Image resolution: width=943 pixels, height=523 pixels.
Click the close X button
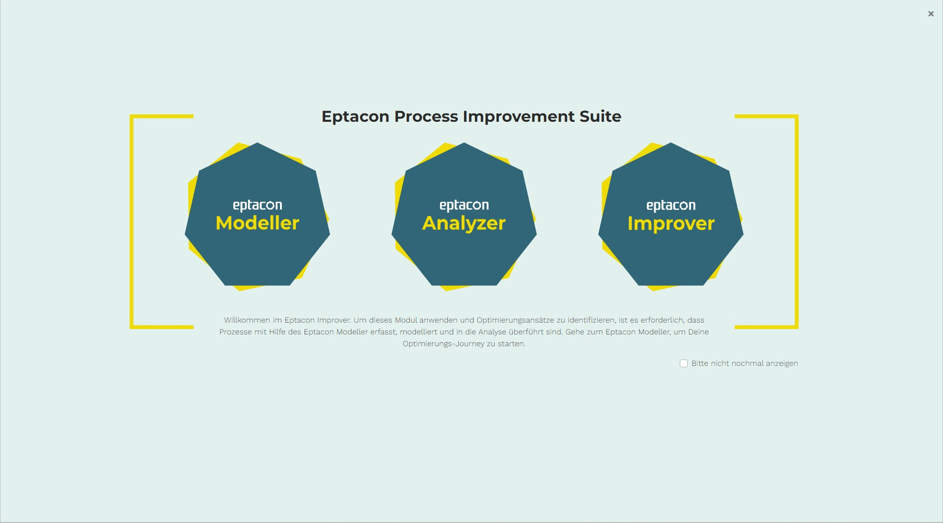pyautogui.click(x=931, y=14)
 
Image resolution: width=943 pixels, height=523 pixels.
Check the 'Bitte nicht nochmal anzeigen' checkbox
pyautogui.click(x=684, y=363)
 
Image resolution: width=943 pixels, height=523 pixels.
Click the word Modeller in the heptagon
pyautogui.click(x=257, y=223)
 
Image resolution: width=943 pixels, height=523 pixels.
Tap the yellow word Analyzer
pyautogui.click(x=464, y=223)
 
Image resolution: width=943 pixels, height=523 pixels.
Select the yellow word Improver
pyautogui.click(x=671, y=223)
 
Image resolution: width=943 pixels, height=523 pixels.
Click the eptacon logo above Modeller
pyautogui.click(x=257, y=205)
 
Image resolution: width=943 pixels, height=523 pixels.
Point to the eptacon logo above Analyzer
pyautogui.click(x=464, y=205)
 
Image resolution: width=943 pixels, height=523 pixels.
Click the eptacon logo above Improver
pyautogui.click(x=671, y=205)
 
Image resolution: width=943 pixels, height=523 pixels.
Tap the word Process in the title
pyautogui.click(x=426, y=117)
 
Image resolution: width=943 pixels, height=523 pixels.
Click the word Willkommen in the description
pyautogui.click(x=247, y=320)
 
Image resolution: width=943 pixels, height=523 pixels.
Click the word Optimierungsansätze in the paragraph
pyautogui.click(x=515, y=320)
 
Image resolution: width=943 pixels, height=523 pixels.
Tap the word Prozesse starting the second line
pyautogui.click(x=235, y=332)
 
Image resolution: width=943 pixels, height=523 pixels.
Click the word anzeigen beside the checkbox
pyautogui.click(x=782, y=363)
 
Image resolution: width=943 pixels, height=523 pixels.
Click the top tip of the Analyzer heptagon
pyautogui.click(x=464, y=143)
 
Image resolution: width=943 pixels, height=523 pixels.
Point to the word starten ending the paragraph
pyautogui.click(x=512, y=344)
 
